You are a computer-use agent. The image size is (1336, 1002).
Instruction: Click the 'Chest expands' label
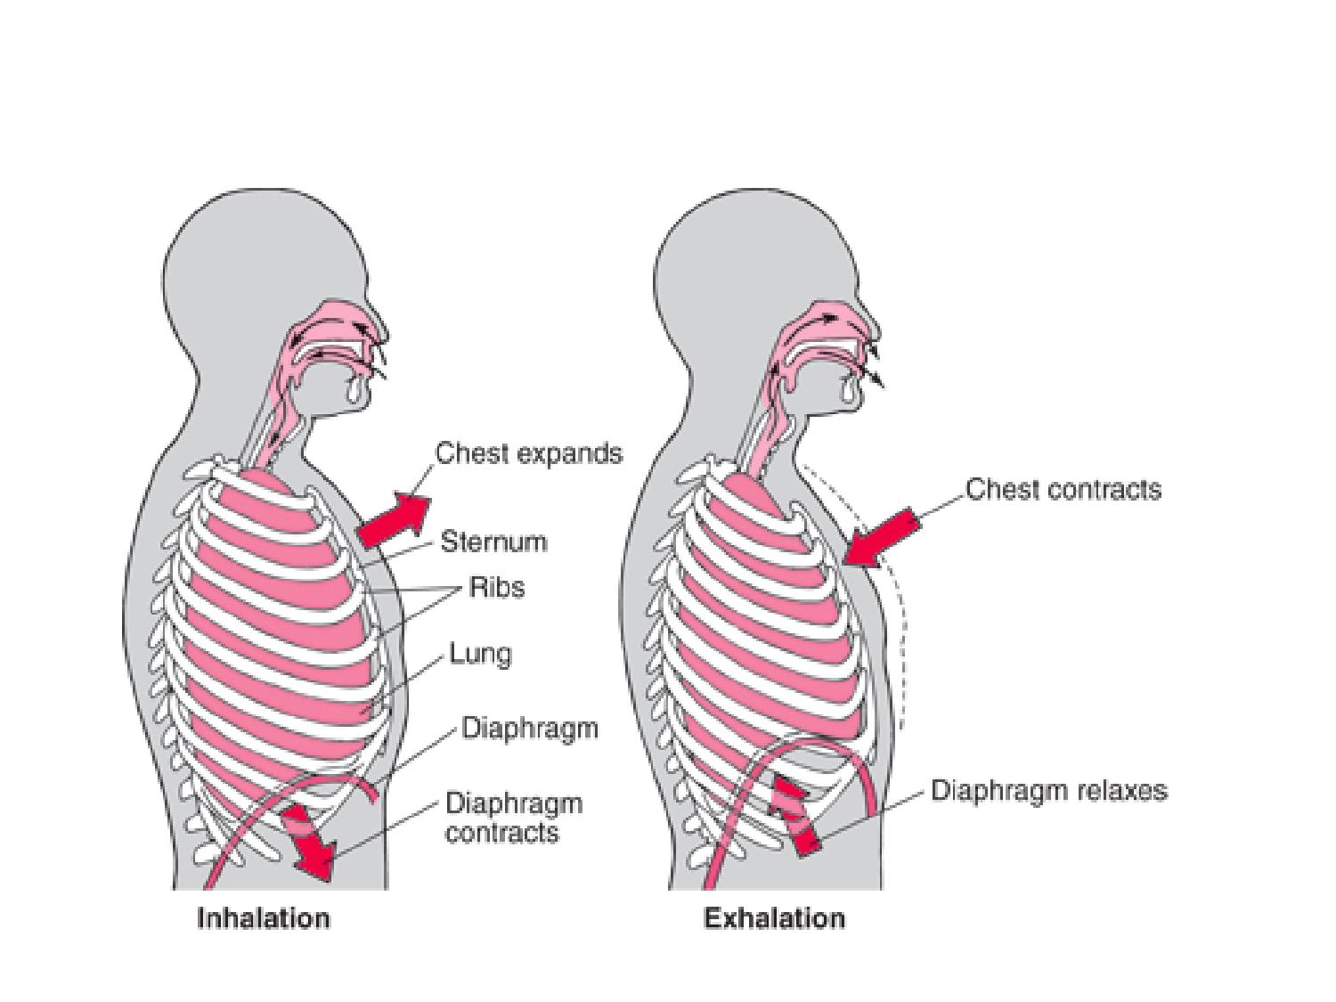[528, 453]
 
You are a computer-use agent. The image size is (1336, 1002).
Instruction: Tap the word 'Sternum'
[493, 542]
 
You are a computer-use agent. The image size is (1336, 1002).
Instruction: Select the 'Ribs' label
[497, 588]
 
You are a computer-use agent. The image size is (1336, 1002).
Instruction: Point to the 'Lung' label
[480, 655]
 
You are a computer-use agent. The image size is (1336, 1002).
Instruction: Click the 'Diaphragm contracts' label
[513, 818]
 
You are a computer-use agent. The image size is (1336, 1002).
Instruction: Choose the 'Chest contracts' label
[1063, 490]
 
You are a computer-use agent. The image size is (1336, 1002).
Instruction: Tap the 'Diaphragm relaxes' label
[1048, 791]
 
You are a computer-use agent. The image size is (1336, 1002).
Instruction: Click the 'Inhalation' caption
[263, 918]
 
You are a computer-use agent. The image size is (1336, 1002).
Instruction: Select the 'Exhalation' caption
[774, 918]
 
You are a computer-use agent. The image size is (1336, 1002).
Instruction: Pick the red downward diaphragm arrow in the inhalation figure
[306, 841]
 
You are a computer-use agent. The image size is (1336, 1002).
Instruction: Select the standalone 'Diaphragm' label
[529, 729]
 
